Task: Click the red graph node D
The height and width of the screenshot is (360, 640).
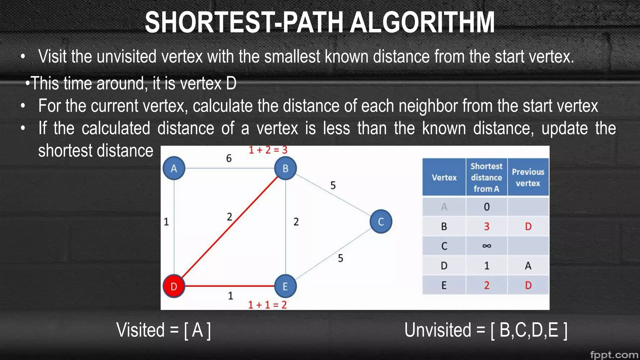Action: [x=174, y=286]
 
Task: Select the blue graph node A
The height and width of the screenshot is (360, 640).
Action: [x=174, y=168]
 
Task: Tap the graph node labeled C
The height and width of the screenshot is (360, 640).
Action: [x=381, y=222]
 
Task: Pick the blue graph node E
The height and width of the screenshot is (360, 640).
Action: [x=285, y=286]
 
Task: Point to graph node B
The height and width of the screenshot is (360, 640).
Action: [x=285, y=168]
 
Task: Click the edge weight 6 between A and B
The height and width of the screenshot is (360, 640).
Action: [x=229, y=158]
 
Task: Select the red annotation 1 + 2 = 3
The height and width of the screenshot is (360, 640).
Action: [x=268, y=150]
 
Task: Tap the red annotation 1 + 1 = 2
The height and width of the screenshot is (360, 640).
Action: [x=267, y=305]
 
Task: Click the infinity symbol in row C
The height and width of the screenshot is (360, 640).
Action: [x=487, y=246]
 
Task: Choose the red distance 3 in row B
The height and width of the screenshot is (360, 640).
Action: [x=487, y=226]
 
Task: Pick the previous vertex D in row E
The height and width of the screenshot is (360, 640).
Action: [x=528, y=285]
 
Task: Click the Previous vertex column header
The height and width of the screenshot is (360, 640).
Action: [x=528, y=177]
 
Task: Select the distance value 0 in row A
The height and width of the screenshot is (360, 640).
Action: [x=487, y=207]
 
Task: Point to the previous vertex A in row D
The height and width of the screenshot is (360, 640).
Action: [x=528, y=266]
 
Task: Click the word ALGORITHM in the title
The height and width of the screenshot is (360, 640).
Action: [x=422, y=22]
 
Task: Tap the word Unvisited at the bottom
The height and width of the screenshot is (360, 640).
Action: [x=437, y=330]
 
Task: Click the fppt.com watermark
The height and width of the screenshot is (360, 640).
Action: [x=614, y=355]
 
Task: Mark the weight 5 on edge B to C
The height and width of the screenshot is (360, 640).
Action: [x=333, y=185]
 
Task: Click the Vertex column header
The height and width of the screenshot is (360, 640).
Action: [x=444, y=177]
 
